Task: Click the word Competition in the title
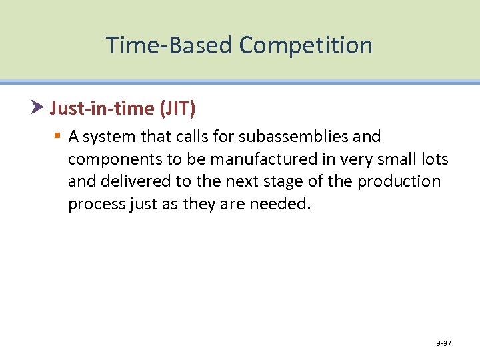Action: coord(305,45)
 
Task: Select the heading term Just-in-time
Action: coord(91,107)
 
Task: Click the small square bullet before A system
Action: coord(57,137)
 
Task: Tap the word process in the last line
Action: coord(95,204)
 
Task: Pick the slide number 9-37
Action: coord(443,343)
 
